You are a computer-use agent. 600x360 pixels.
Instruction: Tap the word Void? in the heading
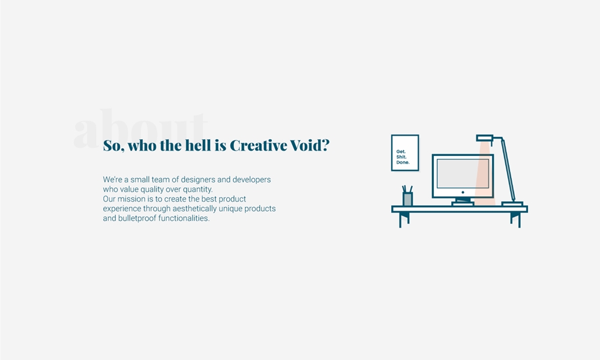[310, 145]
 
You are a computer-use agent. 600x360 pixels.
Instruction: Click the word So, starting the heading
[113, 146]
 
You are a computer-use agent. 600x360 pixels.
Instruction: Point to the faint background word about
[140, 128]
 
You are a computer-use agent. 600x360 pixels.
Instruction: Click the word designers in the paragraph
[198, 180]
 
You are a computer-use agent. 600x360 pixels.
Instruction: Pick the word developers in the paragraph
[251, 180]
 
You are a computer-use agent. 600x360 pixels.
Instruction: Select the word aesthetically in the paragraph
[194, 209]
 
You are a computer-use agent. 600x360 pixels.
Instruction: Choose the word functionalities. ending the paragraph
[184, 218]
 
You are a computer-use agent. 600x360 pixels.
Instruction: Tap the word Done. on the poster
[403, 162]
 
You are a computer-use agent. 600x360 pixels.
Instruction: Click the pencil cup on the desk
[407, 199]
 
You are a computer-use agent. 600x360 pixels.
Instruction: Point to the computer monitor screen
[463, 173]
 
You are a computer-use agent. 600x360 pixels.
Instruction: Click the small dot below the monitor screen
[463, 193]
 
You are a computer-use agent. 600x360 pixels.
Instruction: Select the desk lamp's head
[485, 138]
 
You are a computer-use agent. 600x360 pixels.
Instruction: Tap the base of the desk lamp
[512, 204]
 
